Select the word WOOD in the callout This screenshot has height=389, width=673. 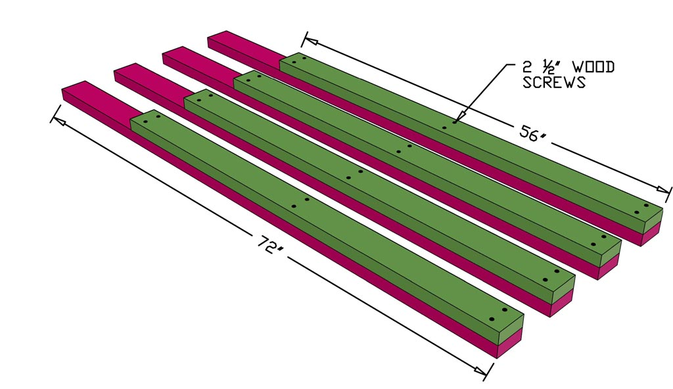[594, 67]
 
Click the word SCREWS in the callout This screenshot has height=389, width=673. [554, 82]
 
